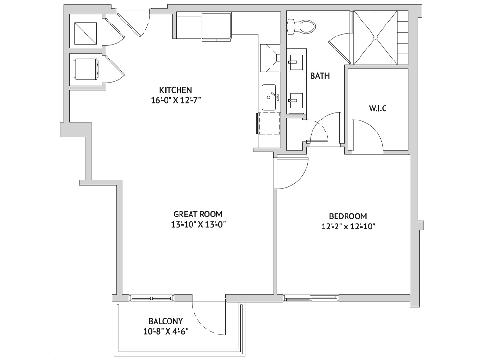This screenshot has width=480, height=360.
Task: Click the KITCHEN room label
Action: coord(175,90)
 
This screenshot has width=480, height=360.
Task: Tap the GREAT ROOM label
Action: coord(198,214)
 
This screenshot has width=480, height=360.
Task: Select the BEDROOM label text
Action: coord(348,216)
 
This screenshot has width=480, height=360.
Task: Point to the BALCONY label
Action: coord(165,321)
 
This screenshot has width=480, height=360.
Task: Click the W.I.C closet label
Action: coord(377,108)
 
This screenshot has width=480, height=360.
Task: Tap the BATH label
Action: coord(320,76)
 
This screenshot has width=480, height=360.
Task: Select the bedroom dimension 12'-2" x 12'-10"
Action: coord(348,227)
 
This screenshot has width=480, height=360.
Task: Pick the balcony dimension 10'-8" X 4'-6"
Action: coord(165,331)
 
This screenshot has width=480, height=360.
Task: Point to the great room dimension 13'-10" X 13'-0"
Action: coord(198,224)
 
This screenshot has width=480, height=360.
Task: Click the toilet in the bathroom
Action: coord(301,26)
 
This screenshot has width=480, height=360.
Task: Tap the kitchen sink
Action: coord(270,97)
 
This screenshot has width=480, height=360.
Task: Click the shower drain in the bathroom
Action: coord(375,37)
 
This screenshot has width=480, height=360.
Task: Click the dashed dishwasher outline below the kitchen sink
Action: coord(268,123)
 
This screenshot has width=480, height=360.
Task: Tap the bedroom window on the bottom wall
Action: coord(311,298)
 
